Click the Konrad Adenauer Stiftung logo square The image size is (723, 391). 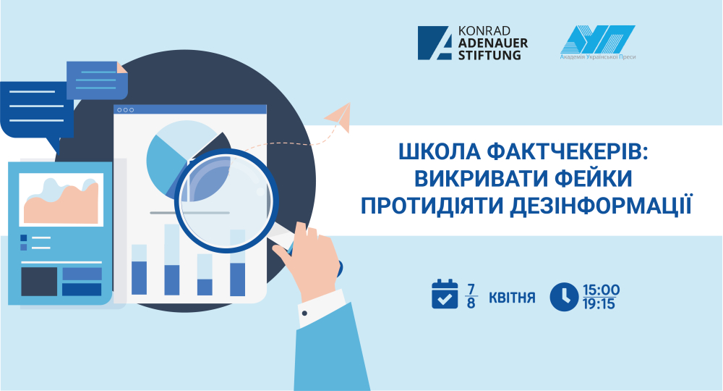tap(435, 43)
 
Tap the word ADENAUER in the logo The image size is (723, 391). tap(493, 43)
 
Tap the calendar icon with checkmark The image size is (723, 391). tap(445, 293)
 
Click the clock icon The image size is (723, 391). tap(564, 297)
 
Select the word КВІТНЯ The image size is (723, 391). tap(512, 298)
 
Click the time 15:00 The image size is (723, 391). tap(602, 290)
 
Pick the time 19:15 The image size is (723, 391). tap(599, 304)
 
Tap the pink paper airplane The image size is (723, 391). tap(338, 118)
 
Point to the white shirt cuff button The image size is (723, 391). tap(304, 314)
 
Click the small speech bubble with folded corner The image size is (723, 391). tap(97, 80)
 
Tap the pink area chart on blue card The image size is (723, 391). tap(61, 201)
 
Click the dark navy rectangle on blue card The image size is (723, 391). tap(39, 282)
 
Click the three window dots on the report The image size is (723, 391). tap(125, 110)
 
